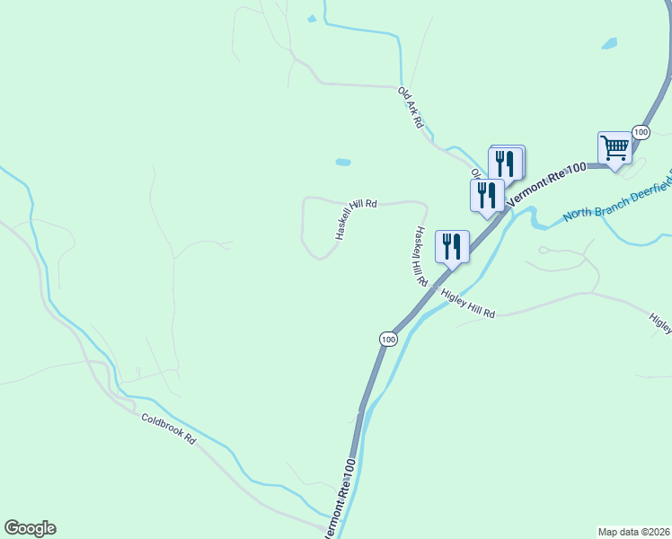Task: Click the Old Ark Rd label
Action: point(411,107)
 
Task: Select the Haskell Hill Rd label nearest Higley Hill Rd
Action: point(419,255)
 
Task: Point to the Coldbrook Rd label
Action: point(168,430)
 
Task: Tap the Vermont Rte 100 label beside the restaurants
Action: point(545,186)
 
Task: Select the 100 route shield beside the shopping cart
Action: point(640,132)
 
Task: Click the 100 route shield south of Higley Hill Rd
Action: point(387,339)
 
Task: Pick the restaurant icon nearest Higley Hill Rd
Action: point(451,245)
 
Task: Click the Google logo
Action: point(30,528)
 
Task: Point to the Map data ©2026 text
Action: point(634,531)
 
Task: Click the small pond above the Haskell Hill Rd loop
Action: point(342,163)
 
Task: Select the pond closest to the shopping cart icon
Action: point(609,43)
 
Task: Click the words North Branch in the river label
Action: point(593,213)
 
